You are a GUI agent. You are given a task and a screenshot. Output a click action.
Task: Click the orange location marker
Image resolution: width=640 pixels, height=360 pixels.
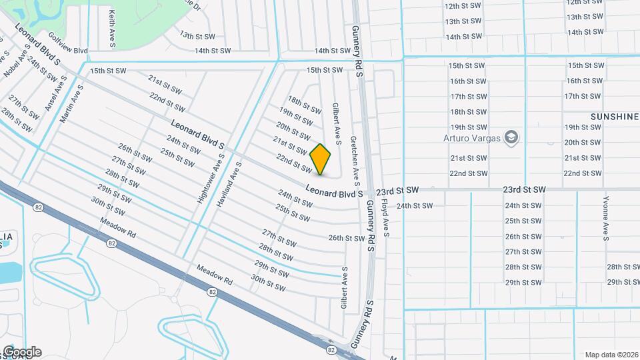[321, 160]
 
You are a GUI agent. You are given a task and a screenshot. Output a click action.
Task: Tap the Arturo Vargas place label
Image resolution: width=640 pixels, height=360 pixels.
[473, 138]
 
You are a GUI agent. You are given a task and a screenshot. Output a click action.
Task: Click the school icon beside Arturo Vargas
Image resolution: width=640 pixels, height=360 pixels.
[511, 138]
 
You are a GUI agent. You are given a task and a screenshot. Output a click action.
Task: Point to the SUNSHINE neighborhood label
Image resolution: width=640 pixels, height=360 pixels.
[615, 117]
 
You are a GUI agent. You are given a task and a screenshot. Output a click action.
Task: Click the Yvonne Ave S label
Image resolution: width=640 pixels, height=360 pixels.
[606, 219]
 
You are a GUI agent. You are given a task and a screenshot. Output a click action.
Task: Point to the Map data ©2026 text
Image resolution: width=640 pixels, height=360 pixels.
[611, 355]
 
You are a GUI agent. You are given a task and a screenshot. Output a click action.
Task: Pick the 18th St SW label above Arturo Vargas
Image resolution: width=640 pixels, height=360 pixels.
[467, 111]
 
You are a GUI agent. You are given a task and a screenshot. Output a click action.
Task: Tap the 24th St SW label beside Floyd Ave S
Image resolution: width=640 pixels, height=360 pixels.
[415, 205]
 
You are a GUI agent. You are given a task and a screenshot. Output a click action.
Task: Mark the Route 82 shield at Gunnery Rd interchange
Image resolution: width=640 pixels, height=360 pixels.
[331, 349]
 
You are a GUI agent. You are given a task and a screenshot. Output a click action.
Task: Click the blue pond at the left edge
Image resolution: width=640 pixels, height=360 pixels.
[9, 272]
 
